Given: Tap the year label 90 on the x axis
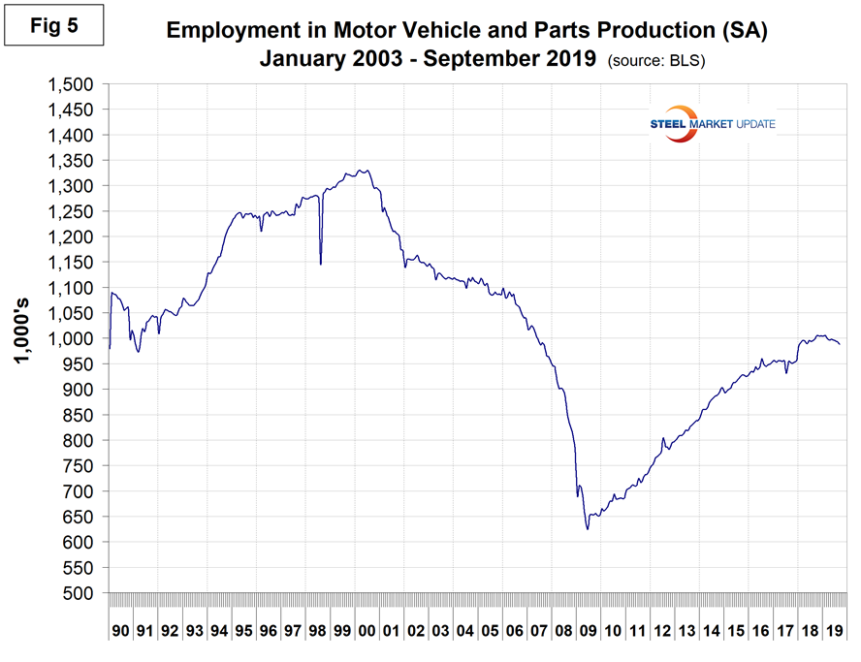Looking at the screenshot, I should (x=120, y=631).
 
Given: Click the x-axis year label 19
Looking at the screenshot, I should (x=832, y=631).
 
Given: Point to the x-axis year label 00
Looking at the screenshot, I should (x=366, y=631).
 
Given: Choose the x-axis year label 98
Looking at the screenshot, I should (x=317, y=631).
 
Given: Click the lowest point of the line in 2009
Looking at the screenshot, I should (x=588, y=529).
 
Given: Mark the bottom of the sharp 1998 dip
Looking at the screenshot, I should (x=320, y=263).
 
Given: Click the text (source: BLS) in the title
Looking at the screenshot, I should (x=655, y=60).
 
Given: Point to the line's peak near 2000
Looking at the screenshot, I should (x=361, y=171).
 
